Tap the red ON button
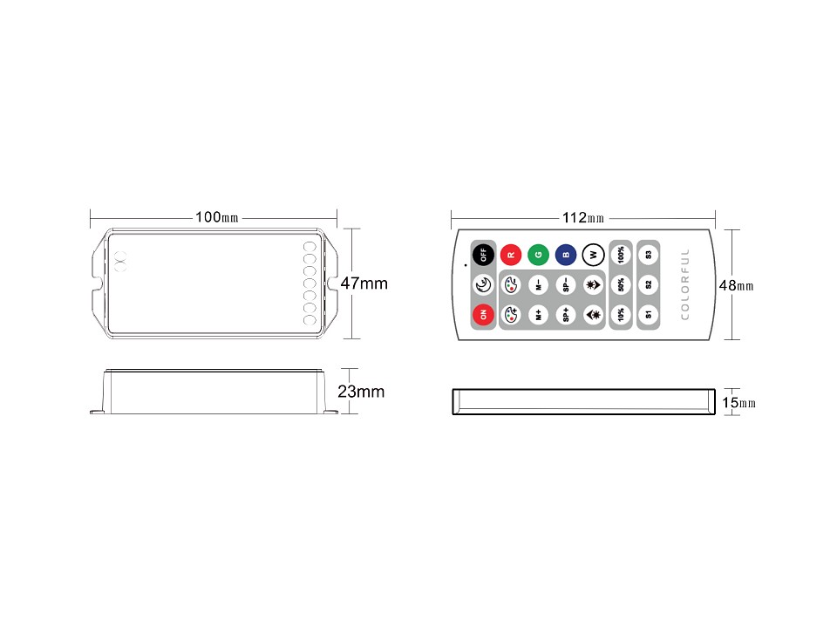point(483,314)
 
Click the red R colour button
point(511,256)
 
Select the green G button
point(539,256)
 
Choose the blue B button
point(566,256)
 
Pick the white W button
point(593,256)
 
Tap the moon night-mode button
point(483,284)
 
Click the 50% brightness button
point(621,284)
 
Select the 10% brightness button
point(621,314)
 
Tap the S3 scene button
point(649,256)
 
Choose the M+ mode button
point(539,314)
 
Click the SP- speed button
point(566,284)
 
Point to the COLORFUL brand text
point(684,284)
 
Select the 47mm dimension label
point(364,283)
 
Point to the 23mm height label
point(361,392)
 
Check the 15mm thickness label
point(738,402)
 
